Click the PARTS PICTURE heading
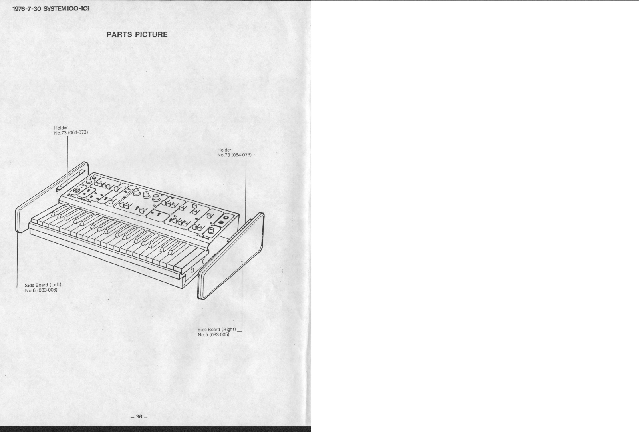click(137, 34)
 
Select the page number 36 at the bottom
click(139, 416)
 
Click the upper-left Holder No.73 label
click(71, 130)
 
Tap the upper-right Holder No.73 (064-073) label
click(234, 152)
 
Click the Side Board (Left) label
click(43, 285)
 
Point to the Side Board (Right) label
click(217, 329)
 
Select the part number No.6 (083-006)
click(41, 290)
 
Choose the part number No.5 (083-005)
click(214, 334)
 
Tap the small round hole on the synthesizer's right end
click(192, 271)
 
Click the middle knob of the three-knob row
click(146, 195)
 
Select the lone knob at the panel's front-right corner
click(209, 231)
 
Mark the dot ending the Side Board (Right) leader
click(242, 260)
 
